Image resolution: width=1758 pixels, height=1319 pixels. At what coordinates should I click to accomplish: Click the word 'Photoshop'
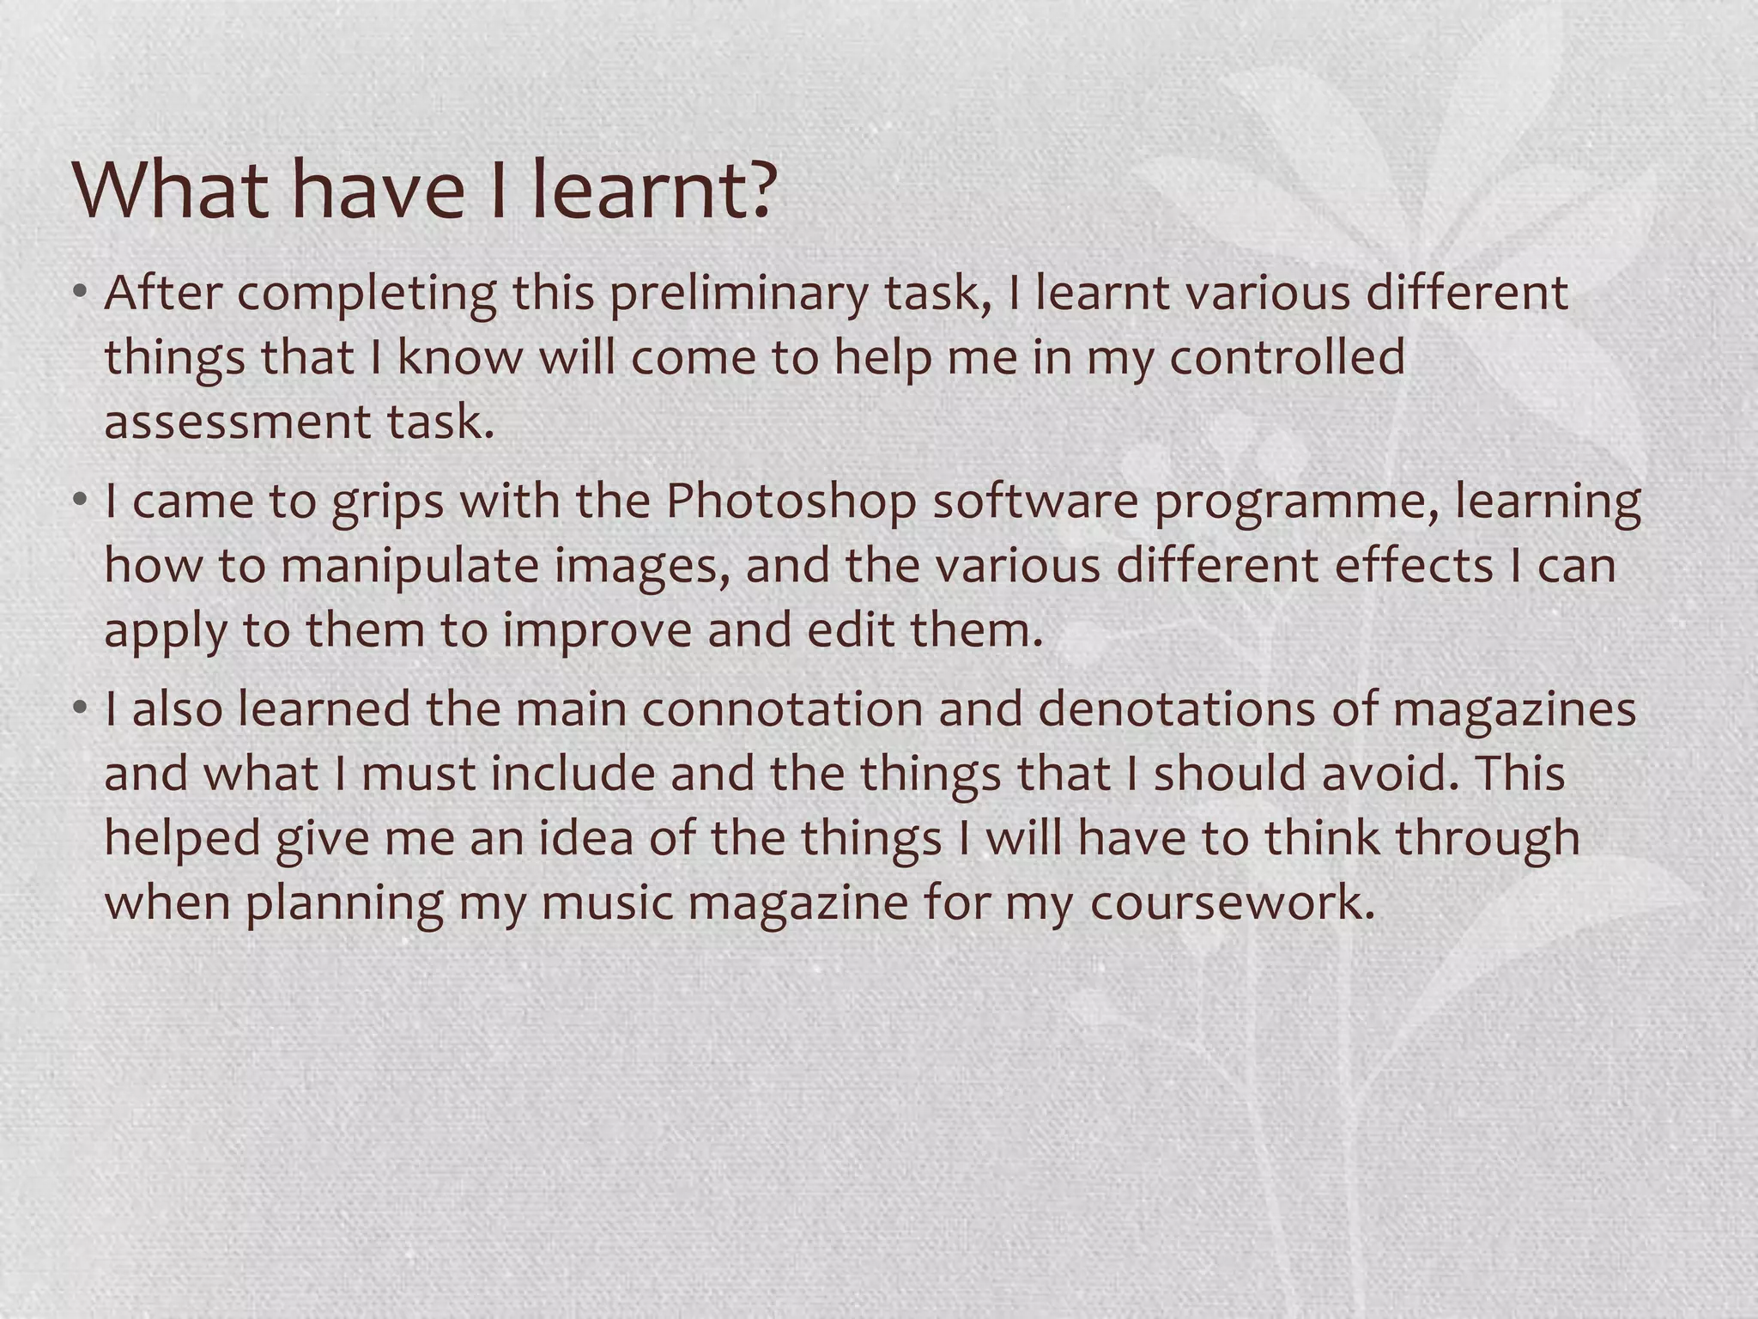click(791, 502)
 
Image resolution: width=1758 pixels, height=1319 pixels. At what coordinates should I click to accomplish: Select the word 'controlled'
click(1288, 358)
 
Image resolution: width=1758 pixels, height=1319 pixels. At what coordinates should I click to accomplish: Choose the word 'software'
click(1035, 502)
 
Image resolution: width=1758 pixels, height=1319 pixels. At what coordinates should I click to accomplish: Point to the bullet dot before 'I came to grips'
click(81, 501)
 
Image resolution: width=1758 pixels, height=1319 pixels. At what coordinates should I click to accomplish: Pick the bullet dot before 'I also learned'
click(81, 708)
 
